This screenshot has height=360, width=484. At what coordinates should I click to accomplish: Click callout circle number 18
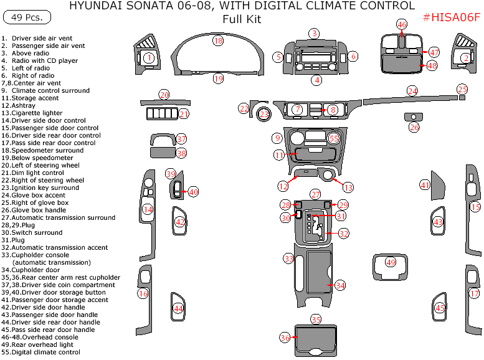click(217, 40)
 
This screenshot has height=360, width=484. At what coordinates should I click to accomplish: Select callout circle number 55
click(334, 138)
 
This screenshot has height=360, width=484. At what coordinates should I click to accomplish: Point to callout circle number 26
click(414, 127)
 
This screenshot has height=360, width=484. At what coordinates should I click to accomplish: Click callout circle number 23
click(265, 115)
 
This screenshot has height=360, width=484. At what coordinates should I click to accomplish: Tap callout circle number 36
click(285, 337)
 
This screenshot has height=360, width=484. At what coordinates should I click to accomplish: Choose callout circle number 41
click(425, 185)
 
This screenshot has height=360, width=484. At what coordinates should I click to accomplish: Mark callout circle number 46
click(402, 25)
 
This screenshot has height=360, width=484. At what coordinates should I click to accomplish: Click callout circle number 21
click(184, 114)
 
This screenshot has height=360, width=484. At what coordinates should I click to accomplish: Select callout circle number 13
click(348, 187)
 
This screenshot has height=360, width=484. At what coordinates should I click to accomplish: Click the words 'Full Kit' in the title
click(242, 19)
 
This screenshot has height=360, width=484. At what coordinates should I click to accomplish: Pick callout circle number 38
click(181, 153)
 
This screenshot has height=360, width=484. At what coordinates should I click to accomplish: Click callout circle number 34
click(339, 285)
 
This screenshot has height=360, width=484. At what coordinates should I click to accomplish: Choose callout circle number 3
click(315, 33)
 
